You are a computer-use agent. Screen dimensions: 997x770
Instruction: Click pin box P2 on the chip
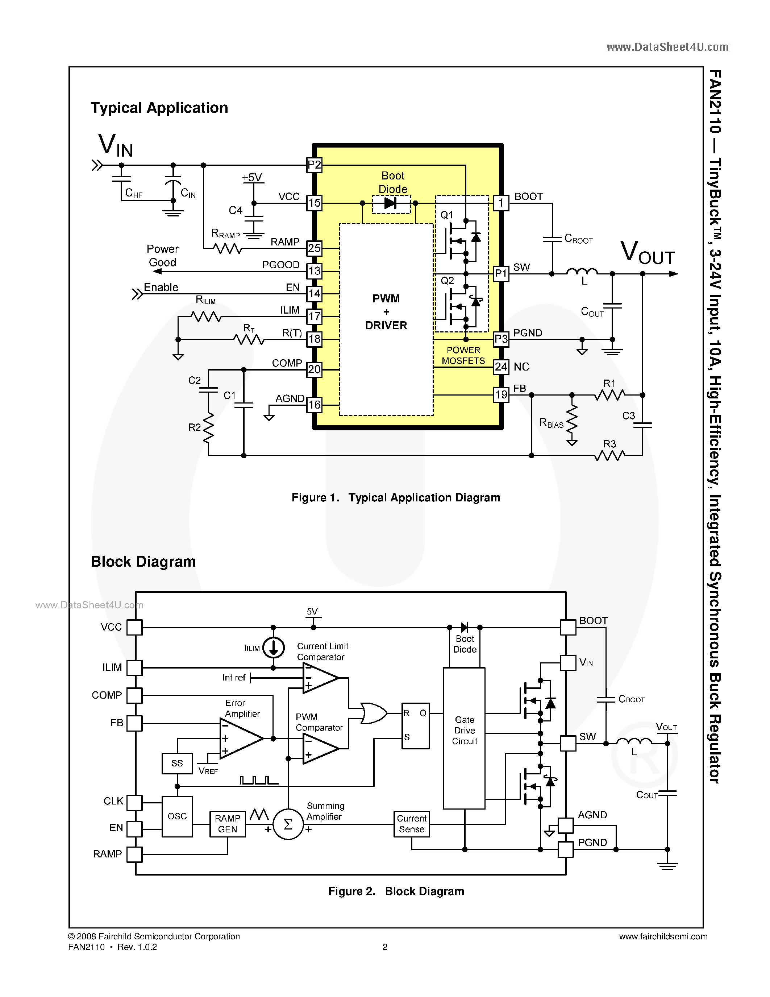coord(314,165)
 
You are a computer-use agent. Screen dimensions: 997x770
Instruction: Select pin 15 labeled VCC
coord(314,203)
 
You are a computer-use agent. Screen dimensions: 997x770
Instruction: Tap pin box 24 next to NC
coord(501,367)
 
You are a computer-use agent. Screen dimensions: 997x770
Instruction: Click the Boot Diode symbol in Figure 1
coord(391,203)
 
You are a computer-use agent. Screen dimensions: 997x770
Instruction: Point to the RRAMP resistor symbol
coord(228,249)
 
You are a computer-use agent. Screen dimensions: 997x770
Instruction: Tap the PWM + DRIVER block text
coord(386,312)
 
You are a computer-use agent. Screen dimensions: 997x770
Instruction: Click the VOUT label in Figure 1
coord(647,252)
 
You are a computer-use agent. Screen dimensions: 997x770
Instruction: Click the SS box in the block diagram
coord(177,763)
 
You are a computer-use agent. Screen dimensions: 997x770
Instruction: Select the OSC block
coord(177,816)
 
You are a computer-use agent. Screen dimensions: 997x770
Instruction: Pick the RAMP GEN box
coord(227,824)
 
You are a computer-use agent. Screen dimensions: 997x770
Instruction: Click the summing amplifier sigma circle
coord(288,824)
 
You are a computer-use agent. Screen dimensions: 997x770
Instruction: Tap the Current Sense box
coord(412,824)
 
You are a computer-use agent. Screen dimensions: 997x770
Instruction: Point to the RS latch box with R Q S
coord(415,725)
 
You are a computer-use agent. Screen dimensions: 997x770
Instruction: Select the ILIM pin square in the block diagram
coord(134,667)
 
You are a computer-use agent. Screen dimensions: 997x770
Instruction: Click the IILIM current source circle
coord(273,647)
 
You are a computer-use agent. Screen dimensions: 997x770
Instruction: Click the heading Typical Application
coord(159,108)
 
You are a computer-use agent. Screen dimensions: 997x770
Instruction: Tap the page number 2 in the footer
coord(384,947)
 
